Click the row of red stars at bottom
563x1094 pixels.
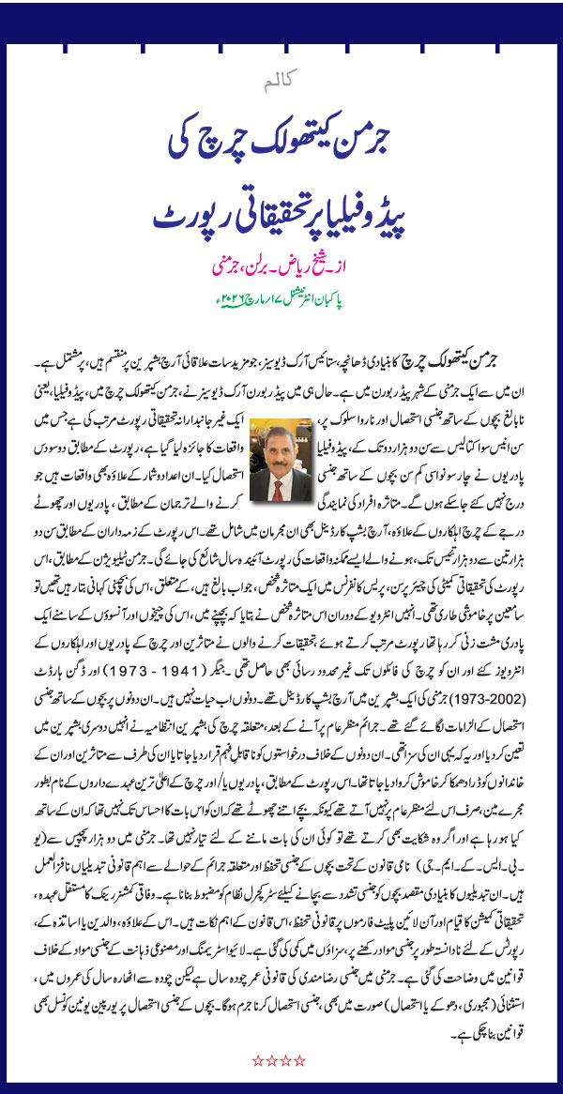279,1061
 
